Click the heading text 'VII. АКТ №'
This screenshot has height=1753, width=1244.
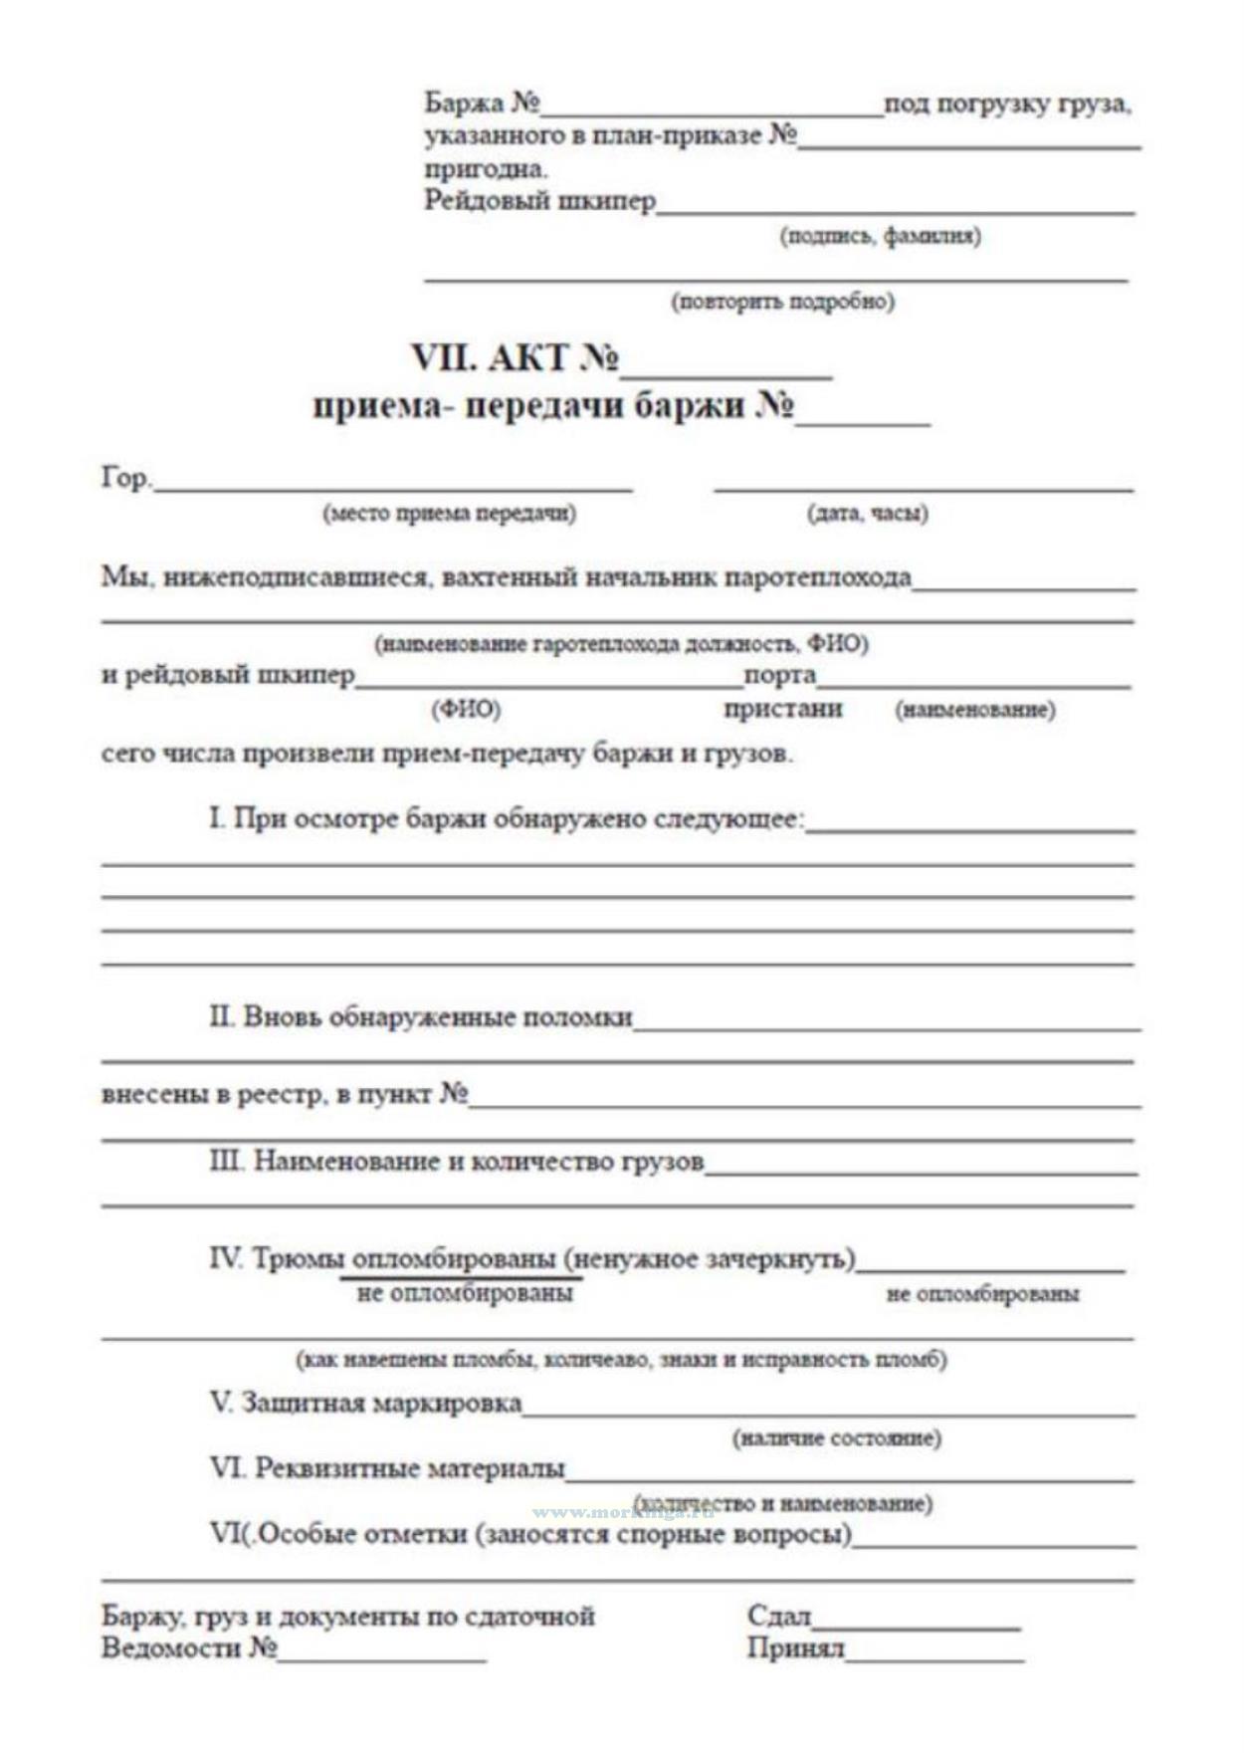(x=515, y=358)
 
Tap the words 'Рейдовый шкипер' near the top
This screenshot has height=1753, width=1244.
(x=539, y=201)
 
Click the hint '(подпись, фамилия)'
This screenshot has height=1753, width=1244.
(x=880, y=237)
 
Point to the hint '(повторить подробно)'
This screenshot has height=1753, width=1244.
(x=782, y=301)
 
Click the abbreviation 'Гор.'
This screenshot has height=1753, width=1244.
(x=125, y=479)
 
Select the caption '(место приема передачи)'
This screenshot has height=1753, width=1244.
(x=449, y=514)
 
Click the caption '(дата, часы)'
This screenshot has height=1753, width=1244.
(x=867, y=514)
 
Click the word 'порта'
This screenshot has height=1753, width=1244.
(x=779, y=675)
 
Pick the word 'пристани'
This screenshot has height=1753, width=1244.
(x=782, y=709)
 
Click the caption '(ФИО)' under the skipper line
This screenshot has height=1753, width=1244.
(x=466, y=709)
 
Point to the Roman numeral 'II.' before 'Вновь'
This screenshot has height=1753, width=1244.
(x=221, y=1017)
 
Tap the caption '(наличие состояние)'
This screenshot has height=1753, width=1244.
(x=837, y=1438)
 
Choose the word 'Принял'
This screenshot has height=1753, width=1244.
(x=795, y=1649)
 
